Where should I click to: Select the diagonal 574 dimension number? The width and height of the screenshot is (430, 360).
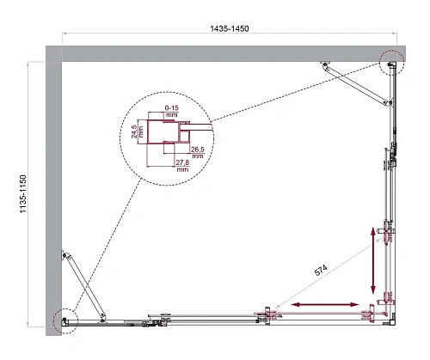click(x=321, y=268)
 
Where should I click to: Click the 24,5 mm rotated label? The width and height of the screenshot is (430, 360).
click(x=137, y=134)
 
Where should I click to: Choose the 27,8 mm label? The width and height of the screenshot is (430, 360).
click(x=181, y=167)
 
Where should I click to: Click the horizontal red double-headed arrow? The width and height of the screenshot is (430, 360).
click(x=325, y=304)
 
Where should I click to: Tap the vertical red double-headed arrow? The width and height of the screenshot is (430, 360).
click(x=375, y=258)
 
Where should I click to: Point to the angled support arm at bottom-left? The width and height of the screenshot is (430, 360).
click(x=77, y=284)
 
